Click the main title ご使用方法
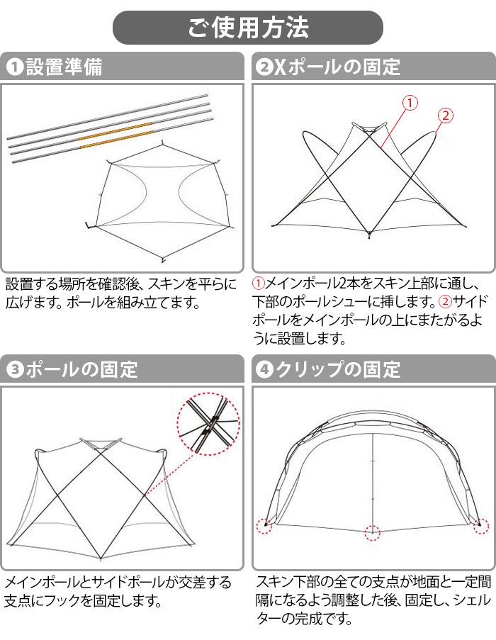click(248, 28)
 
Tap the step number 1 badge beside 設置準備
click(14, 67)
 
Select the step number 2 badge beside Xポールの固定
click(263, 67)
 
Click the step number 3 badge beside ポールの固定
click(14, 369)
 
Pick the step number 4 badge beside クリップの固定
click(263, 369)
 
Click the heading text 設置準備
click(64, 67)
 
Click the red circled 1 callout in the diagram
click(410, 102)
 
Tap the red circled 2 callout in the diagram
click(446, 115)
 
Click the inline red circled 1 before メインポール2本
click(259, 283)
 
